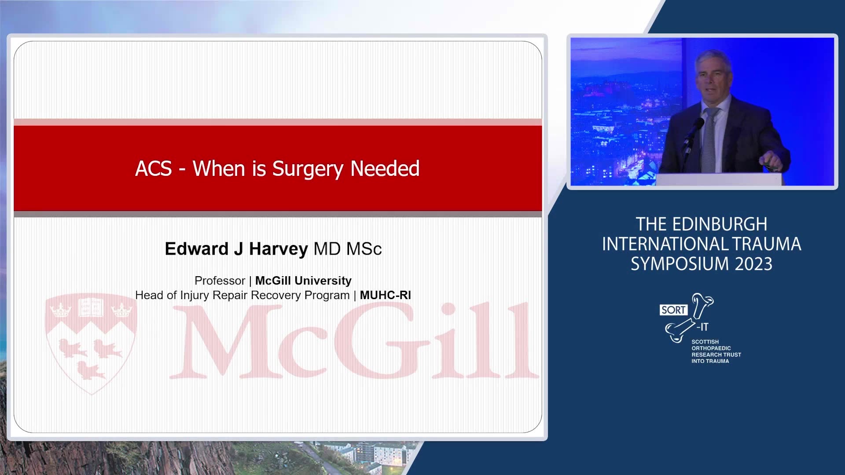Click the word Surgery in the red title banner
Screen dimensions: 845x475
(x=308, y=169)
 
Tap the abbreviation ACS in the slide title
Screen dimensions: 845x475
(x=154, y=168)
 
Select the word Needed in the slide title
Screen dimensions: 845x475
(x=385, y=168)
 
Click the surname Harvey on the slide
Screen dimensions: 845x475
(x=278, y=249)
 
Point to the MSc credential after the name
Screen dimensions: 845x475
(x=364, y=249)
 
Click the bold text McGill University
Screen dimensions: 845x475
(x=303, y=281)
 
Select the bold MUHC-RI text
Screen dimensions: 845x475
(x=386, y=295)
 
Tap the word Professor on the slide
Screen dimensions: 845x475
(x=220, y=281)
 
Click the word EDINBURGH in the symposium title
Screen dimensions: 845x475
(x=720, y=224)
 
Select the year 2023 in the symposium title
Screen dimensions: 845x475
(x=753, y=264)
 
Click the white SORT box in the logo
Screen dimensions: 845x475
(x=673, y=310)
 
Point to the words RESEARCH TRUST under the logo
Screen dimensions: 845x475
(x=716, y=354)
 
